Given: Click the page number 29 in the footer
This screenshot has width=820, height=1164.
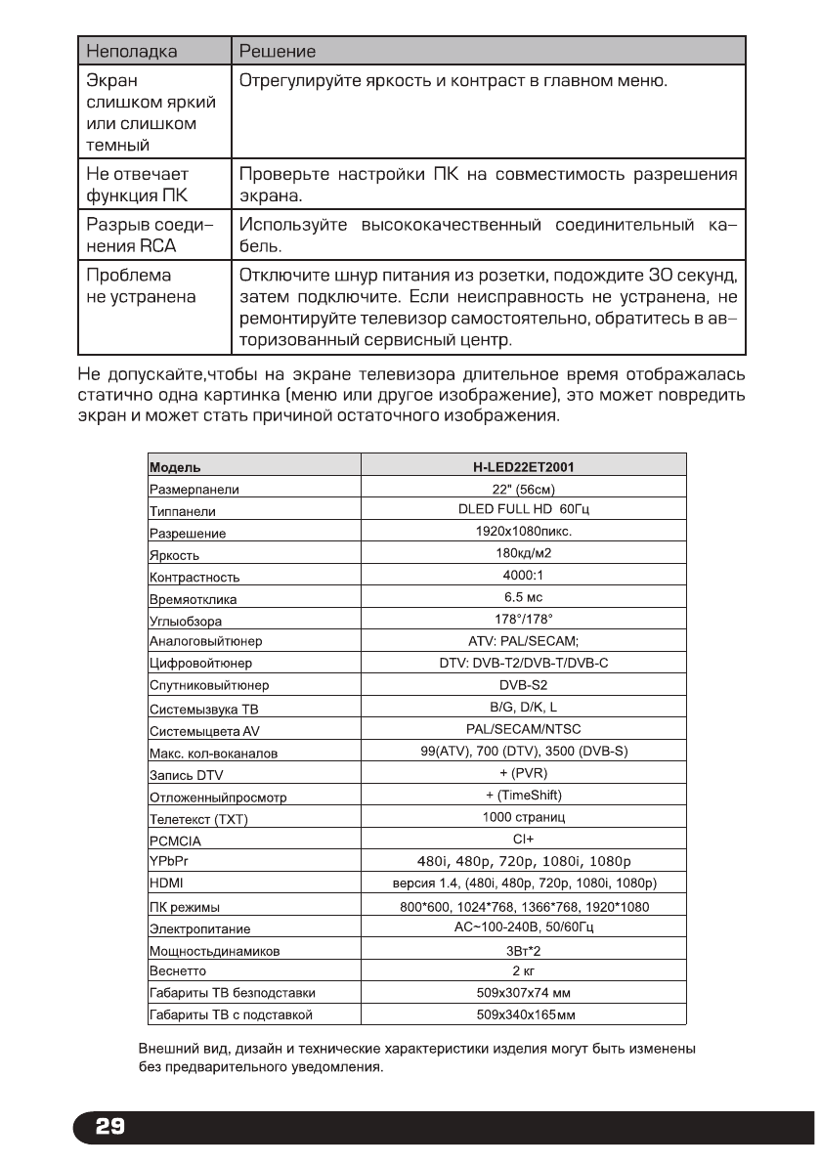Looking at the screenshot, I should coord(109,1127).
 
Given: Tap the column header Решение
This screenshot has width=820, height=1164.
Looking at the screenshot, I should coord(277,50).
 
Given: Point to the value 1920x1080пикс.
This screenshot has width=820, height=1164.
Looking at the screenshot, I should coord(523,532).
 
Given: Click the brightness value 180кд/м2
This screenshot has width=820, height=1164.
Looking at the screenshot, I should coord(523,553).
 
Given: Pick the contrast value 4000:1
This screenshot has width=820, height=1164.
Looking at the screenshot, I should coord(523,575).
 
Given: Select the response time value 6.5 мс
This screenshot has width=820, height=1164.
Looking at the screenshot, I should coord(523,596).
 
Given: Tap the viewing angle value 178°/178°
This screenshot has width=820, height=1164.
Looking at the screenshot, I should coord(523,618).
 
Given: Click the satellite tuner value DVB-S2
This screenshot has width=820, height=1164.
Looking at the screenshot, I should coord(523,683).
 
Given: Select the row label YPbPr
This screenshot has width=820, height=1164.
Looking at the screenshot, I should coord(165,860).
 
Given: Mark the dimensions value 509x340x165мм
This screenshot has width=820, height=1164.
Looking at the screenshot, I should coord(523,1014).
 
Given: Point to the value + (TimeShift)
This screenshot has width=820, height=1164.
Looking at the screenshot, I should coord(523,794).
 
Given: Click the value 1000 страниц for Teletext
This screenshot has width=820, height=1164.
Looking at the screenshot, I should coord(523,816).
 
